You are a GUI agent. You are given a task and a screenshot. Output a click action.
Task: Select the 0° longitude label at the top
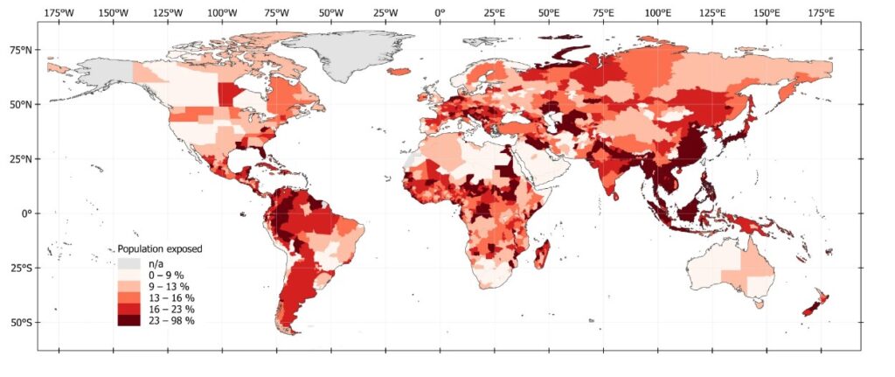click(x=440, y=12)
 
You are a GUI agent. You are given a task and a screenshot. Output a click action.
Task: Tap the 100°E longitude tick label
click(x=658, y=12)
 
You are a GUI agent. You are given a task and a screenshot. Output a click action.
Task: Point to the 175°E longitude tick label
click(x=821, y=12)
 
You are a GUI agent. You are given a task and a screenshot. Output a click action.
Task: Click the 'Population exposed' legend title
click(x=160, y=249)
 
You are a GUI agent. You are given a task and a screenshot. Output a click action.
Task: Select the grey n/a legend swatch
click(x=128, y=262)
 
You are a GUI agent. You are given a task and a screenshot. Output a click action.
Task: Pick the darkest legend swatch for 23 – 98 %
click(x=128, y=321)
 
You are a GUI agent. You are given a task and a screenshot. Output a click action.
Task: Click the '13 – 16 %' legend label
click(x=172, y=298)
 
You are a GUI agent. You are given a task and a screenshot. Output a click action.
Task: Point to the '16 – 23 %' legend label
click(x=172, y=310)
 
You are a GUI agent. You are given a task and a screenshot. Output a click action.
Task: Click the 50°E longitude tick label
click(x=549, y=12)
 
